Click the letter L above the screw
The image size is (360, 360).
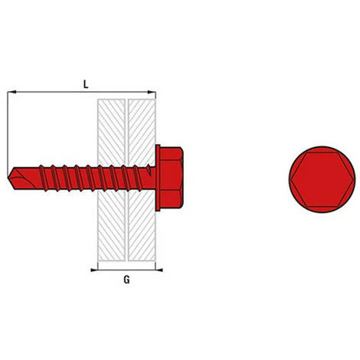tap(85, 85)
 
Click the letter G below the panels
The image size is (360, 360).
tap(126, 280)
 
